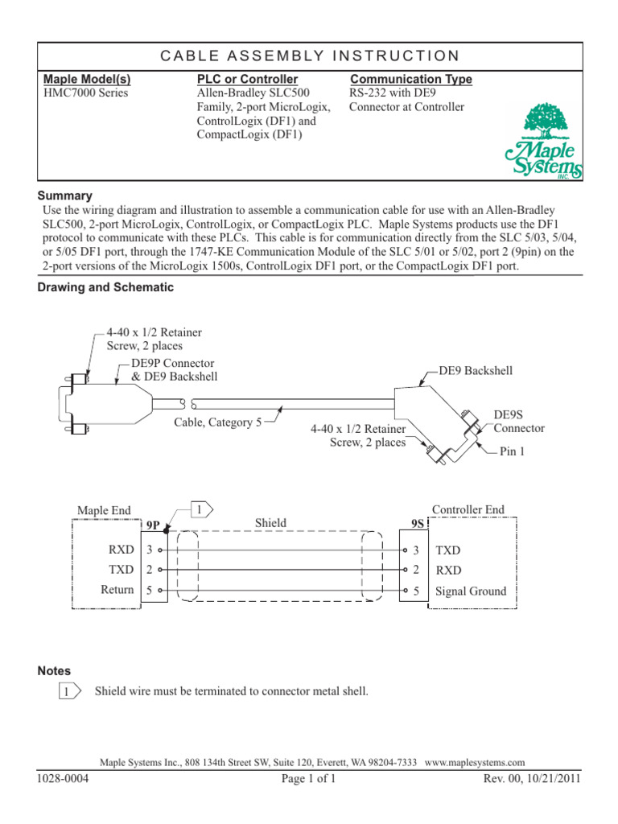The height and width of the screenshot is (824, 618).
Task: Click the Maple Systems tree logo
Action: click(544, 141)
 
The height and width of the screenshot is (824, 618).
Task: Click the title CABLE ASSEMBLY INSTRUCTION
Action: click(310, 56)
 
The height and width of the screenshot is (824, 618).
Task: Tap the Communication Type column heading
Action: click(411, 79)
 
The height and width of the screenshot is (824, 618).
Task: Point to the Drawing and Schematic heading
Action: click(105, 287)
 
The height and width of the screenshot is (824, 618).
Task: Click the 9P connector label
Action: click(153, 526)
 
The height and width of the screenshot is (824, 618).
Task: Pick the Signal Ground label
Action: click(471, 591)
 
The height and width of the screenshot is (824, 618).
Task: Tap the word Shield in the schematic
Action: click(270, 523)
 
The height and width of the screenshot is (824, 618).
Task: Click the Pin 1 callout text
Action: click(512, 452)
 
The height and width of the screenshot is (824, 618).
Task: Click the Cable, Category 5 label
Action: click(217, 422)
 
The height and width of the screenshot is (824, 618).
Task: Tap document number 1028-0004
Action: click(64, 779)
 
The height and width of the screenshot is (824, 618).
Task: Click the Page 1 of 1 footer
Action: click(308, 779)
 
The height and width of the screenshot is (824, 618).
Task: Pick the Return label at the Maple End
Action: click(117, 591)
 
